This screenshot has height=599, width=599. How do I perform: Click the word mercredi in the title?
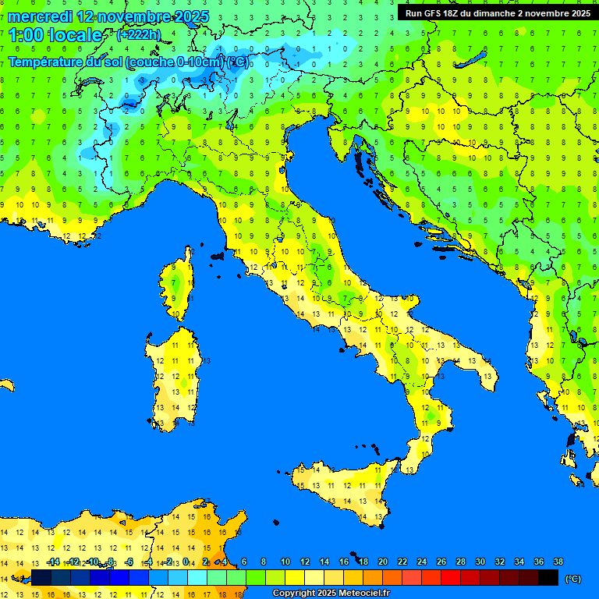(x=39, y=16)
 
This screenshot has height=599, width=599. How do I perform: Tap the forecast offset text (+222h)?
(x=138, y=34)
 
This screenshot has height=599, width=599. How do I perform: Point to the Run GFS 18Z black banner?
(x=497, y=12)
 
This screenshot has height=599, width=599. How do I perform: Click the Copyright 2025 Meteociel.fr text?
(x=331, y=594)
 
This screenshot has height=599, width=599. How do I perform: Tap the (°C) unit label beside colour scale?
(x=572, y=578)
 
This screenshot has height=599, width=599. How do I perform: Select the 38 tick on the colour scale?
(x=558, y=562)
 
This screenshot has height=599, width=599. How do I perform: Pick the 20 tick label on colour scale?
(x=383, y=562)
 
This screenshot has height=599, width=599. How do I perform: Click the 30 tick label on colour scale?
(x=480, y=562)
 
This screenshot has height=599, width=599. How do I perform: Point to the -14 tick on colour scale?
(x=53, y=562)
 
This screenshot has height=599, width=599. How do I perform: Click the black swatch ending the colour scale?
(x=548, y=577)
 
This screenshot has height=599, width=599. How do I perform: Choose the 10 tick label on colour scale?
(x=285, y=562)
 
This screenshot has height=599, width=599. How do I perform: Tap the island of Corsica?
(x=179, y=285)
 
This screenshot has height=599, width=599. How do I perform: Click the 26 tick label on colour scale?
(x=441, y=562)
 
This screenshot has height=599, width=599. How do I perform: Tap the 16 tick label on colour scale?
(x=344, y=562)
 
